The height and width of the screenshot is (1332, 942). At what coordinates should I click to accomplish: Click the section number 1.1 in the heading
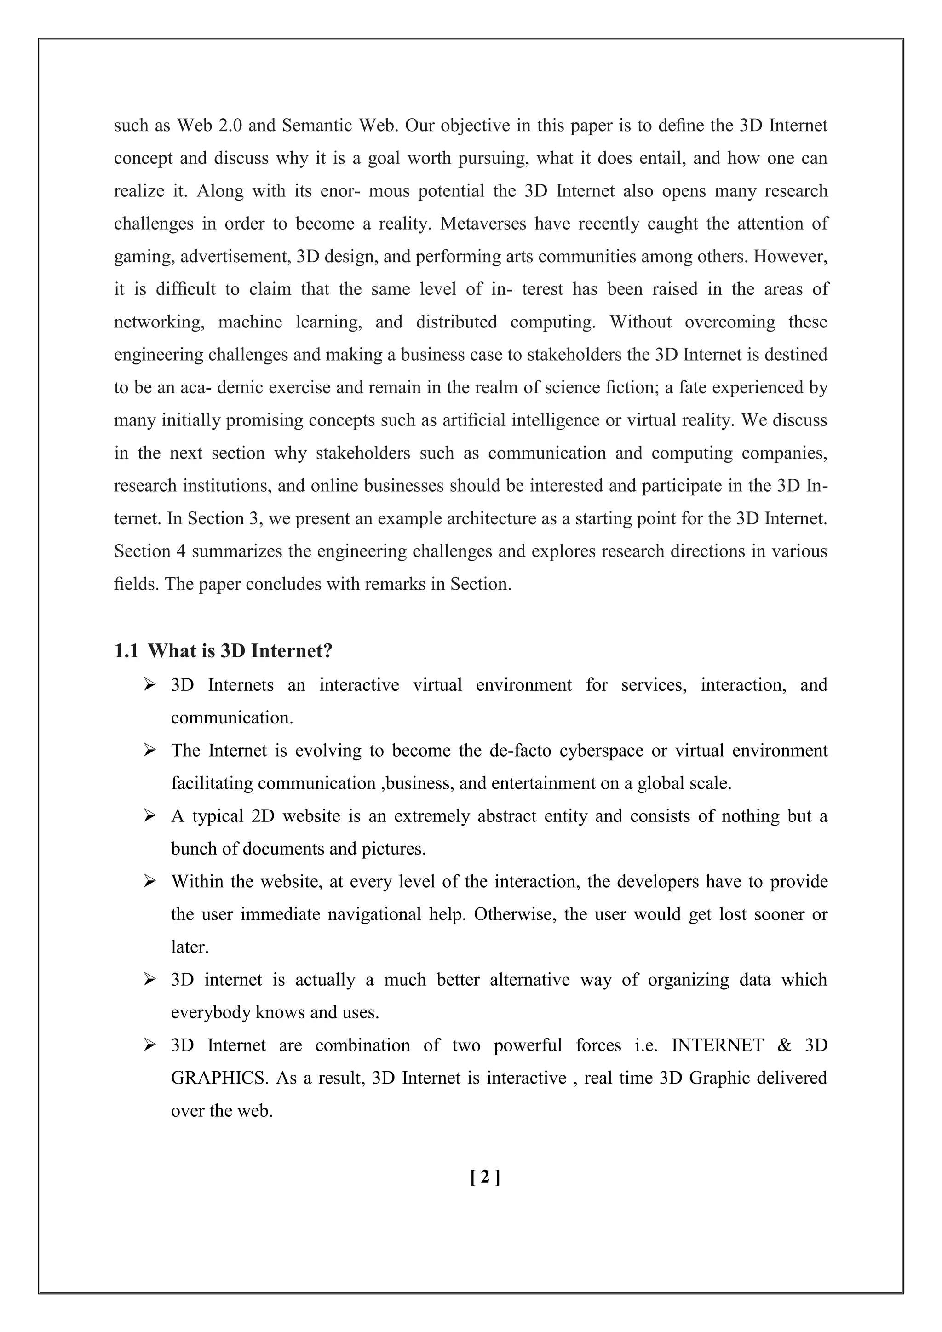point(126,651)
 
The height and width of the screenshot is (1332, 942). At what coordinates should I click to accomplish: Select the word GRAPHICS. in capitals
point(220,1079)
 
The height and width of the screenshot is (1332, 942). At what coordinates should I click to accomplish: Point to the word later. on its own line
point(190,947)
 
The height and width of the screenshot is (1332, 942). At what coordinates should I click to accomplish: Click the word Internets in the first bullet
point(241,685)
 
